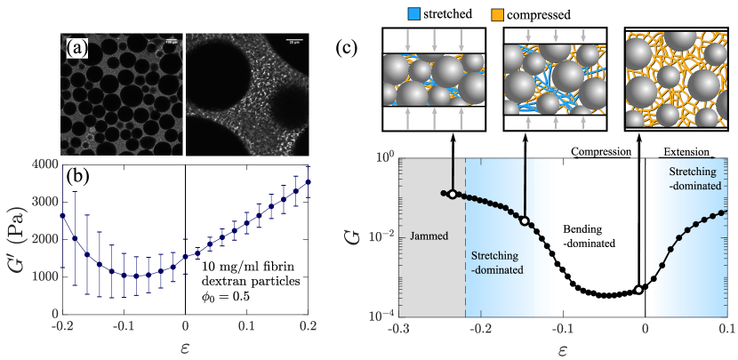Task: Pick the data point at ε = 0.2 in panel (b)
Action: (x=309, y=182)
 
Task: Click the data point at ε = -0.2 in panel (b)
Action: (x=62, y=215)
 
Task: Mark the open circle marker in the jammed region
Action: (x=452, y=195)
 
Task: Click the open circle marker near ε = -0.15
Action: (x=525, y=220)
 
